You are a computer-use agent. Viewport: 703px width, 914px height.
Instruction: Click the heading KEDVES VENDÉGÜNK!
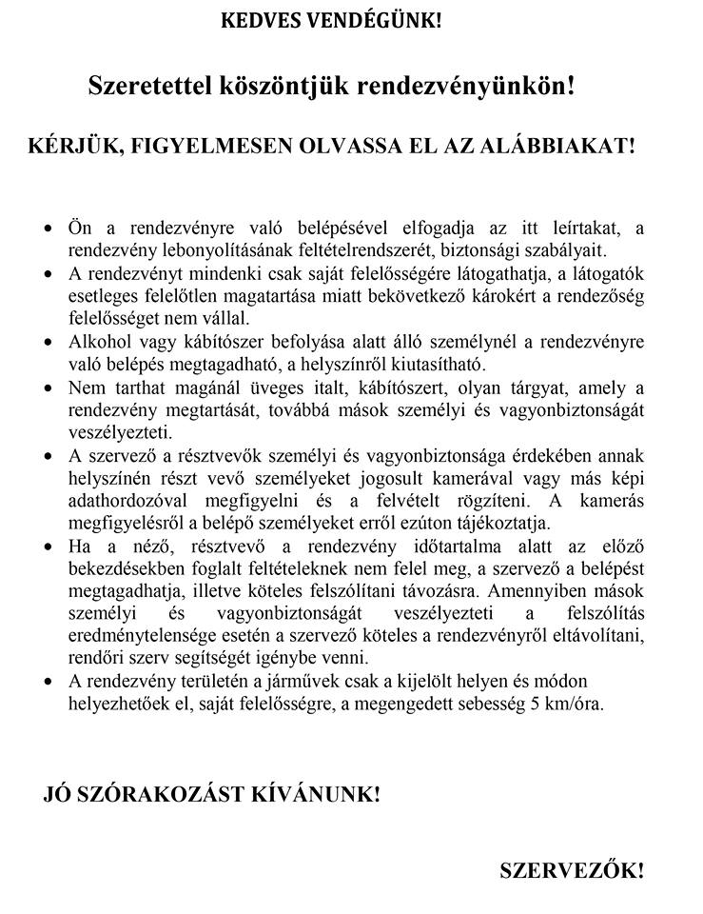(332, 20)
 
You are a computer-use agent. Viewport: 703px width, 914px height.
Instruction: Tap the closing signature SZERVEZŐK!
(573, 870)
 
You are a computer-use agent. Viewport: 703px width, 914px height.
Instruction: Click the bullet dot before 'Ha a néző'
(50, 546)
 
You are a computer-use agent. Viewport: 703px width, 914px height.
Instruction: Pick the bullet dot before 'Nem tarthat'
(50, 388)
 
